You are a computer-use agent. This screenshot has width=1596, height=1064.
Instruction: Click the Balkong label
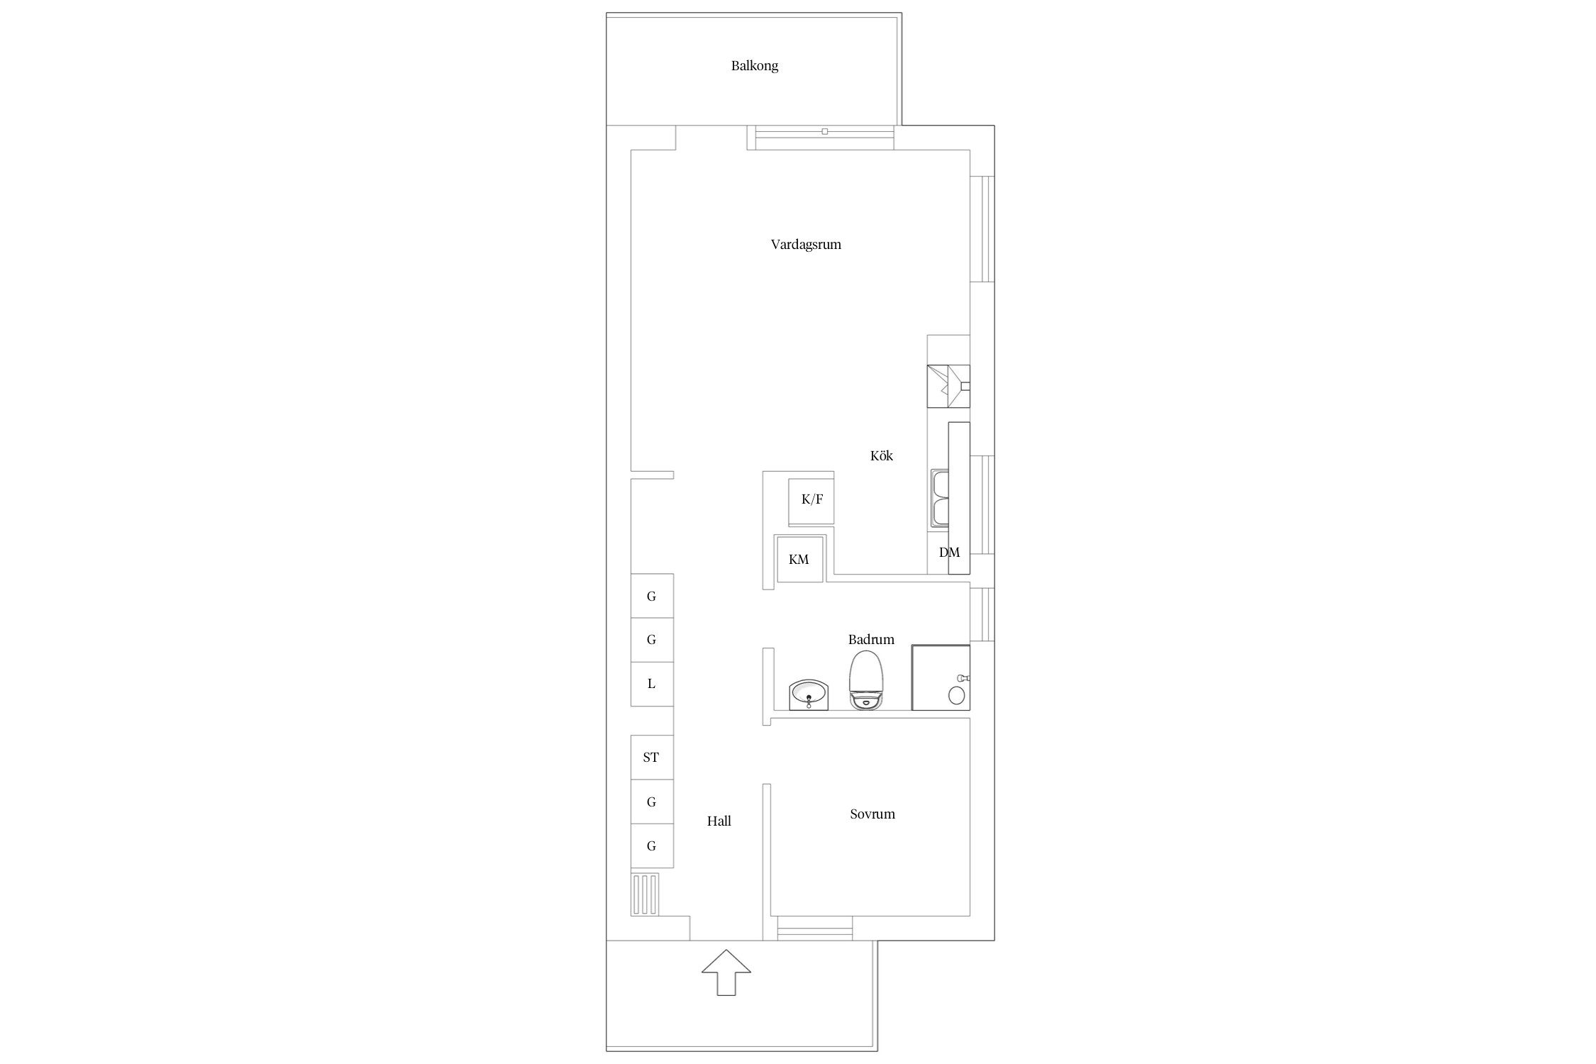click(x=755, y=66)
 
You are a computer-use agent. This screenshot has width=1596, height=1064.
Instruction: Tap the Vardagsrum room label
click(x=806, y=245)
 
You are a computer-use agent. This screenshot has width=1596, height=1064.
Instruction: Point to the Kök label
click(x=882, y=455)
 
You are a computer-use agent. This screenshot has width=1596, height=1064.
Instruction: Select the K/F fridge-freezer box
click(x=811, y=501)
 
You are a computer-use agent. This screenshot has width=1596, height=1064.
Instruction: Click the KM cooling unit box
click(x=800, y=560)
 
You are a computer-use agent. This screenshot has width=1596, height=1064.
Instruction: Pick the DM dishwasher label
click(x=949, y=553)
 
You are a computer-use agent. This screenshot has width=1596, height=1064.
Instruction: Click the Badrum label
click(x=871, y=639)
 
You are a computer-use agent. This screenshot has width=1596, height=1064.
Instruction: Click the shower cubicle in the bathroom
click(x=941, y=677)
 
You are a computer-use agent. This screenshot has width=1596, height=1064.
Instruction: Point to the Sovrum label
click(x=872, y=814)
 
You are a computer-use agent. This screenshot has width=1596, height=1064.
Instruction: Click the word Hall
click(x=719, y=821)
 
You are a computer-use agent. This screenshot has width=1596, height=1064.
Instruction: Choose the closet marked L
click(x=652, y=685)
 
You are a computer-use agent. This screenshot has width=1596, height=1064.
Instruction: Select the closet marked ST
click(x=652, y=758)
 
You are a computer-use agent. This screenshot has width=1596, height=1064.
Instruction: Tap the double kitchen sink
click(x=940, y=499)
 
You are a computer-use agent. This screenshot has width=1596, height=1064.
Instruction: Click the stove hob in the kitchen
click(x=948, y=387)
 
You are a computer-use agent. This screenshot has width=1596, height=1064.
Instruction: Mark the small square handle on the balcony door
click(x=824, y=132)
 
